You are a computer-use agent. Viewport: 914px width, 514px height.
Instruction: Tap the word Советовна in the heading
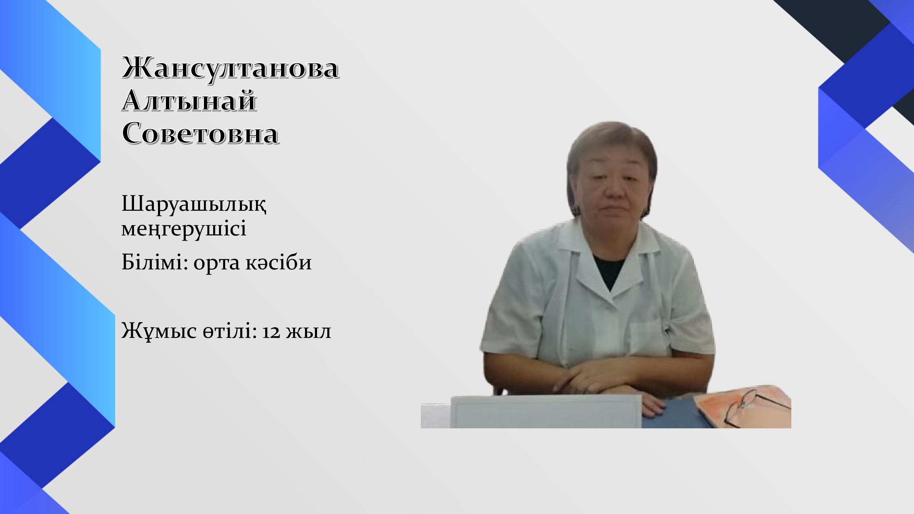(x=200, y=133)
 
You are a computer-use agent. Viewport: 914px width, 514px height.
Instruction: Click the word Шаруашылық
(x=194, y=205)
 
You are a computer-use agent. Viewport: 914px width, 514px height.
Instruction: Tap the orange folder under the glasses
(x=742, y=408)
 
